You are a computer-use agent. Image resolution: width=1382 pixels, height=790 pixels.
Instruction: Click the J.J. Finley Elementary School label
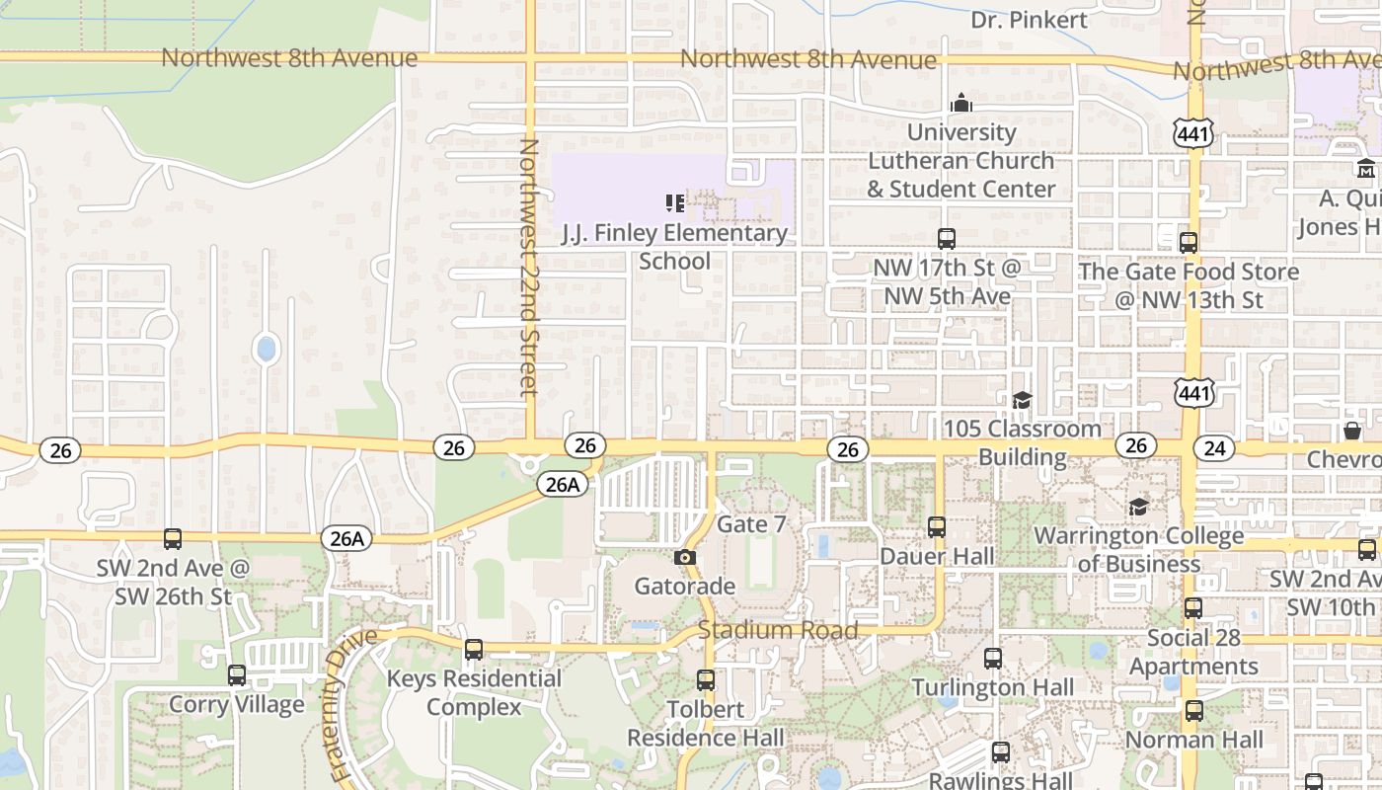675,247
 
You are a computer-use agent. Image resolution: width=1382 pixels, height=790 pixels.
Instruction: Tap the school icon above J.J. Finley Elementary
675,203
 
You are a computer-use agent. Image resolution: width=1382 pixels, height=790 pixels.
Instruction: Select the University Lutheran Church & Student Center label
961,160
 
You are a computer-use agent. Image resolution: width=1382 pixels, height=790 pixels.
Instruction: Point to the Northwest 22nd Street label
529,267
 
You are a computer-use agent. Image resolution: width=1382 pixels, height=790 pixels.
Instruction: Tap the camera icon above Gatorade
684,558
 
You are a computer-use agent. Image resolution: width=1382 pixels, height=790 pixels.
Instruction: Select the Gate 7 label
752,523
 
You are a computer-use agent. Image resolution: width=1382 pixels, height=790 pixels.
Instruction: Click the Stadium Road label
778,630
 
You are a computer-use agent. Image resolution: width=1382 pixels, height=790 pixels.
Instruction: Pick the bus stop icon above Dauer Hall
937,527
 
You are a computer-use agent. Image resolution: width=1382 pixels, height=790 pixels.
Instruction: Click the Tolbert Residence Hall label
706,724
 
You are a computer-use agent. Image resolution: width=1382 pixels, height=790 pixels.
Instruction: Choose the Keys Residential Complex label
474,693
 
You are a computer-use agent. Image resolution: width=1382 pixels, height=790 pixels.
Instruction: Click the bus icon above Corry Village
237,675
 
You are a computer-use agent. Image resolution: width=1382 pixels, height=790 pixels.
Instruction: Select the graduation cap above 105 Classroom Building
1022,400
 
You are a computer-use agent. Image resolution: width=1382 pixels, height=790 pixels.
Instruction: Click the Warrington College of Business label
1138,549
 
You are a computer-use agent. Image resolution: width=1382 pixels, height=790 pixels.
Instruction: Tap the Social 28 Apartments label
1193,652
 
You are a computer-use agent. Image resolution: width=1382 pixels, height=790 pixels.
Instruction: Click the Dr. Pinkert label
1029,20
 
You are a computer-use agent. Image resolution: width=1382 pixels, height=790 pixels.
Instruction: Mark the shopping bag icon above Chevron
1352,431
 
